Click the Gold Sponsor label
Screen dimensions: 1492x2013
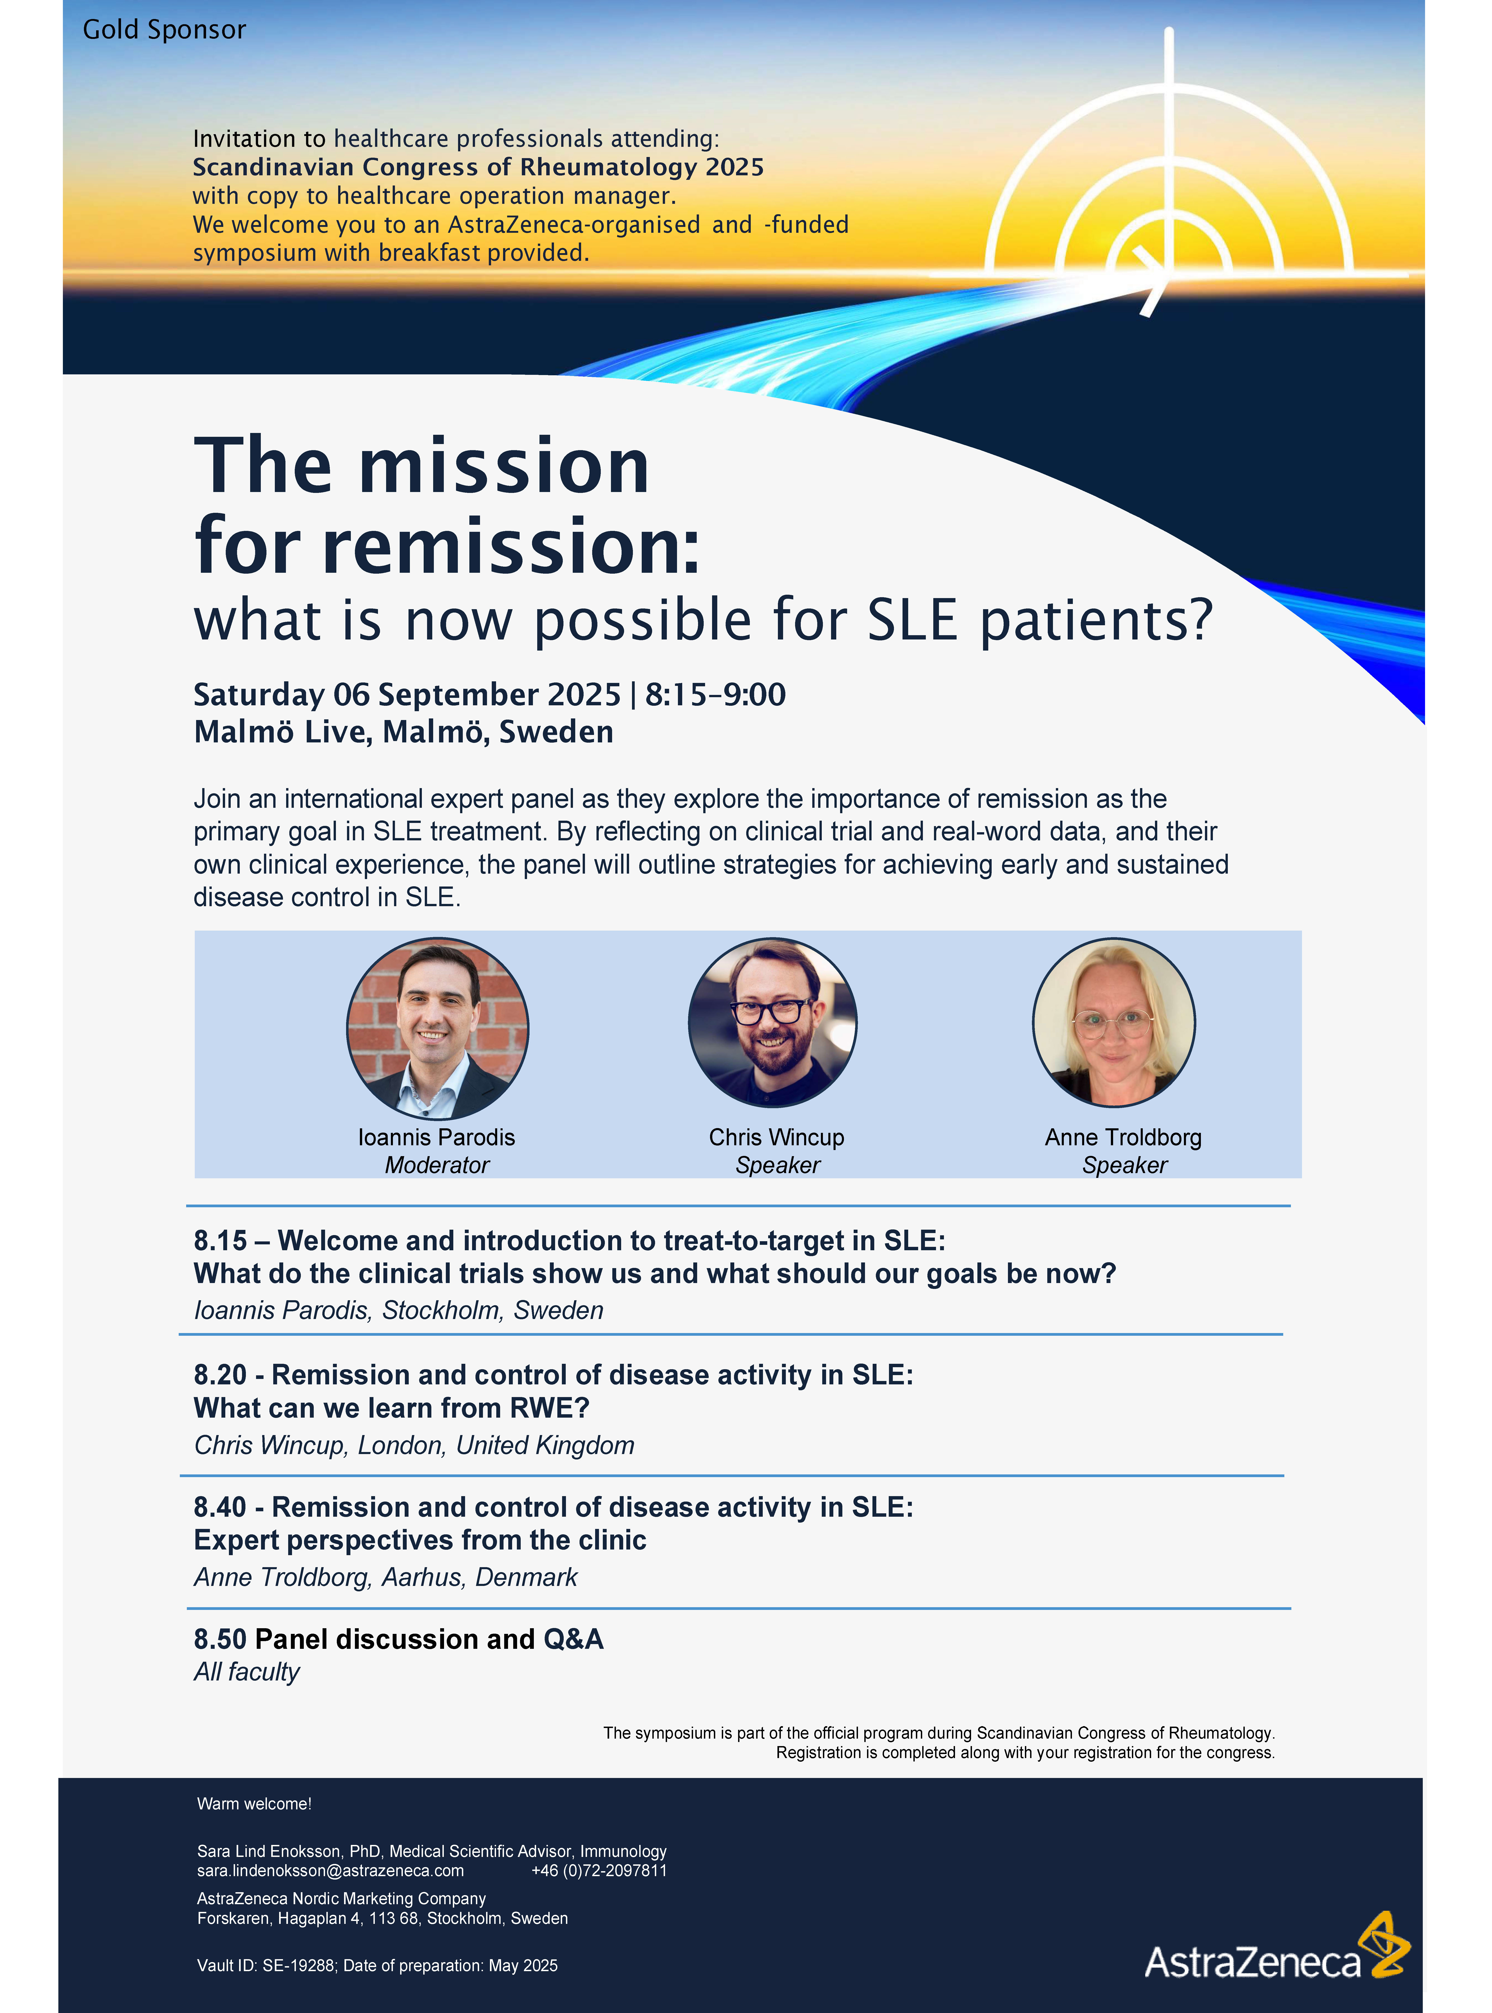coord(164,30)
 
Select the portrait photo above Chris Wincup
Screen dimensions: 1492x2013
coord(772,1022)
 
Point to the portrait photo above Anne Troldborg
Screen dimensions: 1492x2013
coord(1114,1022)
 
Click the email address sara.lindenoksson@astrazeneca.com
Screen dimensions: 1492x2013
coord(330,1870)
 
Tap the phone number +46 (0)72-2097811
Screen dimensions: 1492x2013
coord(599,1870)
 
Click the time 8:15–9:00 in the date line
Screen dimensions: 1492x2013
coord(715,694)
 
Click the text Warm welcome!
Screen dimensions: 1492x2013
coord(254,1804)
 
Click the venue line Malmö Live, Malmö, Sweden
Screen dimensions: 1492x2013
coord(404,732)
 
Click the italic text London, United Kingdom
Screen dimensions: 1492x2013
coord(496,1445)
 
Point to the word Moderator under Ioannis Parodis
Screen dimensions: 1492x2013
coord(437,1165)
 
